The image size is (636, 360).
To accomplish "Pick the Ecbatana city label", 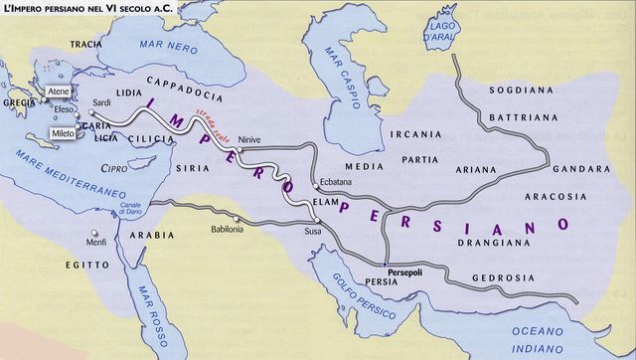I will point(336,181).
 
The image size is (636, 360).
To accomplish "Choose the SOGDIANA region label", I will point(518,90).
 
